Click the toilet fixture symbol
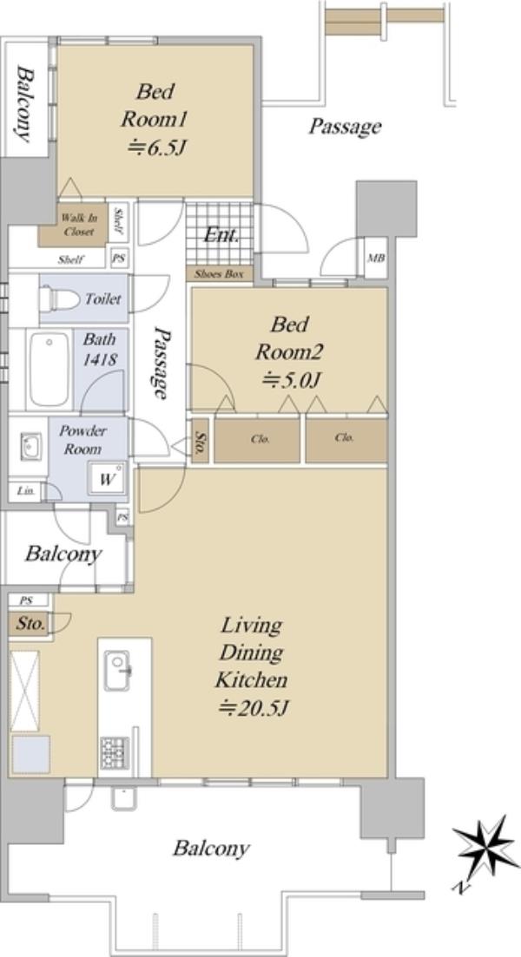tap(59, 298)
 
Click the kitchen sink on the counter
tap(117, 670)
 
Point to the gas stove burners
tap(115, 752)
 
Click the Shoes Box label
tap(220, 274)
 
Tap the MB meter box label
tap(376, 259)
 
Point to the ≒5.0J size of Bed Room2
tap(291, 380)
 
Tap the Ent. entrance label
tap(221, 235)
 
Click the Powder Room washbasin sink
tap(30, 446)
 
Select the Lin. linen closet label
tap(24, 491)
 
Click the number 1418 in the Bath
tap(100, 359)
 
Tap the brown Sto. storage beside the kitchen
tap(30, 624)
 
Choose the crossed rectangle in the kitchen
tap(25, 691)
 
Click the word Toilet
tap(103, 299)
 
